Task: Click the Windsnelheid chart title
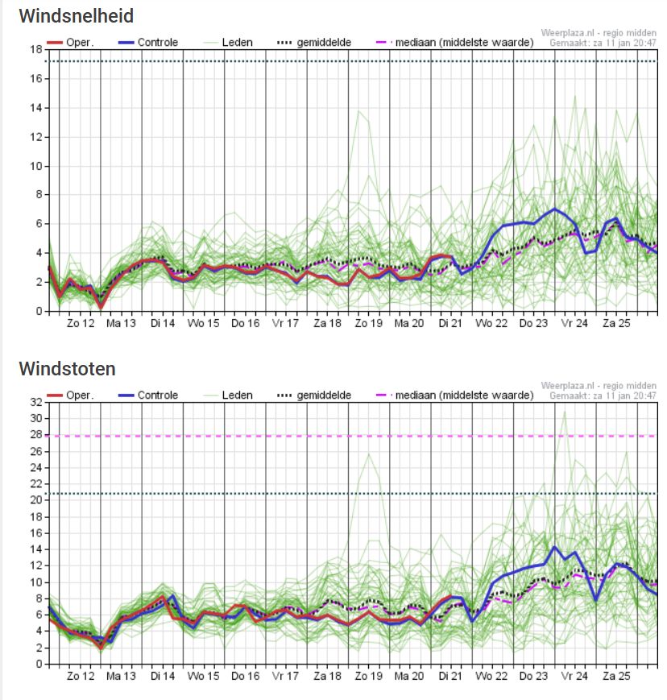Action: [77, 16]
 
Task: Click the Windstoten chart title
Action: [68, 369]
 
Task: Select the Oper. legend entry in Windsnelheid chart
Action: [70, 43]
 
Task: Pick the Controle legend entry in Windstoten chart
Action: [148, 395]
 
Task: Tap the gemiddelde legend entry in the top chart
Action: [314, 43]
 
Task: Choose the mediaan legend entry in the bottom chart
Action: [455, 395]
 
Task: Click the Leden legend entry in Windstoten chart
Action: [228, 395]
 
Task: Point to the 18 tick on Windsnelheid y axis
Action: [36, 50]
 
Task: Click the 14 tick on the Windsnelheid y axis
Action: [36, 108]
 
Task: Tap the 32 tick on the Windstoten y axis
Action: [36, 402]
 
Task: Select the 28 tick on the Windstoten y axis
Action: [36, 435]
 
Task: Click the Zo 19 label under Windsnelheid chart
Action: [369, 323]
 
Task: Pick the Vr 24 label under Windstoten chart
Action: [574, 676]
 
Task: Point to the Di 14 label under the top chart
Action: [163, 323]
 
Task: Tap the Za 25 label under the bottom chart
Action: [616, 676]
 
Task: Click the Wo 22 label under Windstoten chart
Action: [491, 676]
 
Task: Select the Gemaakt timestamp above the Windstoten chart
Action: [603, 396]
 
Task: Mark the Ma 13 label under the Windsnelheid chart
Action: [121, 323]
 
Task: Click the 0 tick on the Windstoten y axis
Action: [39, 664]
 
